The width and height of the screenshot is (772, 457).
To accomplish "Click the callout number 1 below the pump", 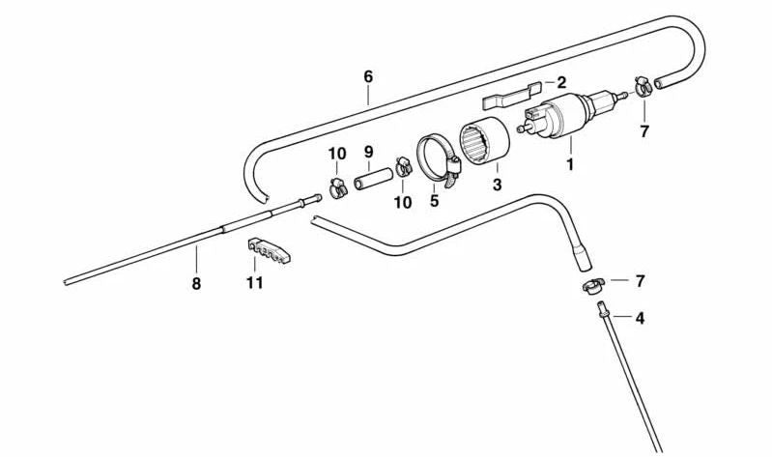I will tap(570, 165).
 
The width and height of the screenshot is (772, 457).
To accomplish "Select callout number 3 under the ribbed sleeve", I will tap(497, 184).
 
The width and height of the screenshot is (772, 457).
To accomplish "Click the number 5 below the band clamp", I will tap(434, 201).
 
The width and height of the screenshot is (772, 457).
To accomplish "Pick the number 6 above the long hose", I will tap(367, 74).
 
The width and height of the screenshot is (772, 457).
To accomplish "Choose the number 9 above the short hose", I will tap(368, 152).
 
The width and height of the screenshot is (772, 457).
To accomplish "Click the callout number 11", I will tap(254, 282).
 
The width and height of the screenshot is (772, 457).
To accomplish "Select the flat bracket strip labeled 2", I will tap(508, 96).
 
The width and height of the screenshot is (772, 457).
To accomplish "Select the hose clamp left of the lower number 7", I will tap(593, 286).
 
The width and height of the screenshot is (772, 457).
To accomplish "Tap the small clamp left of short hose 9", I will tap(337, 186).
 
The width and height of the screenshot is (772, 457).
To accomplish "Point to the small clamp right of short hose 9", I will tap(404, 170).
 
